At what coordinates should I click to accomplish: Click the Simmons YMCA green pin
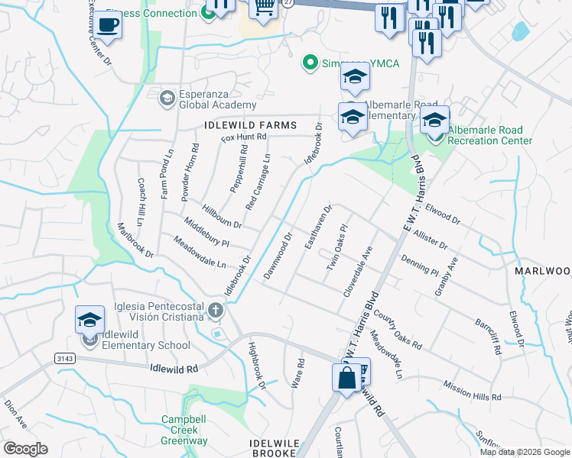(x=310, y=63)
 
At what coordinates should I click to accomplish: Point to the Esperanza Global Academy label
(x=218, y=99)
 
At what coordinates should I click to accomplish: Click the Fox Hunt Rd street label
(x=243, y=137)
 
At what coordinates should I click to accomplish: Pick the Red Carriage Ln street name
(x=258, y=182)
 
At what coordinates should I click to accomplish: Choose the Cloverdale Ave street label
(x=357, y=272)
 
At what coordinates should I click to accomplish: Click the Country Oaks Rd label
(x=398, y=329)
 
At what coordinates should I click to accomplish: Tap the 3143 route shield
(x=66, y=358)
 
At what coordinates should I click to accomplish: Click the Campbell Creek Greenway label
(x=184, y=430)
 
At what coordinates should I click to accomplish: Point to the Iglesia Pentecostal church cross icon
(x=216, y=311)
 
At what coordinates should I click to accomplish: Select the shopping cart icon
(x=263, y=8)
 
